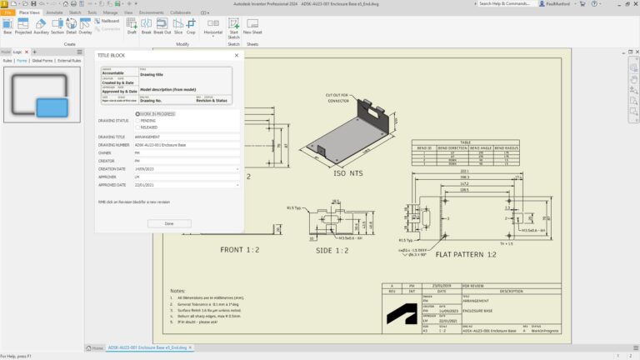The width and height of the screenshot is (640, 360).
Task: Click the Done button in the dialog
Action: [x=169, y=223]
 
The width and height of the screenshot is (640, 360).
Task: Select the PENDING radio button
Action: [x=137, y=120]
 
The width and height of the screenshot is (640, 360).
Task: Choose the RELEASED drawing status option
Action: [x=137, y=127]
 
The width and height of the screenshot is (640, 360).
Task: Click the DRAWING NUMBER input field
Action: [x=186, y=144]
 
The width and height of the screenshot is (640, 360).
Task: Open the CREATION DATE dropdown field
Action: [x=186, y=168]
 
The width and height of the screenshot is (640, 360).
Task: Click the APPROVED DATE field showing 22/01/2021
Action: [x=186, y=184]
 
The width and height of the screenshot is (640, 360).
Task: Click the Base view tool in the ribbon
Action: [x=7, y=27]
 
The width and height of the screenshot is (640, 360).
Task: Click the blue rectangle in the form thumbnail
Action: [x=52, y=107]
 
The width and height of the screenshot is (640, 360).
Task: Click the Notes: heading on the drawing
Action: [x=177, y=291]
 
